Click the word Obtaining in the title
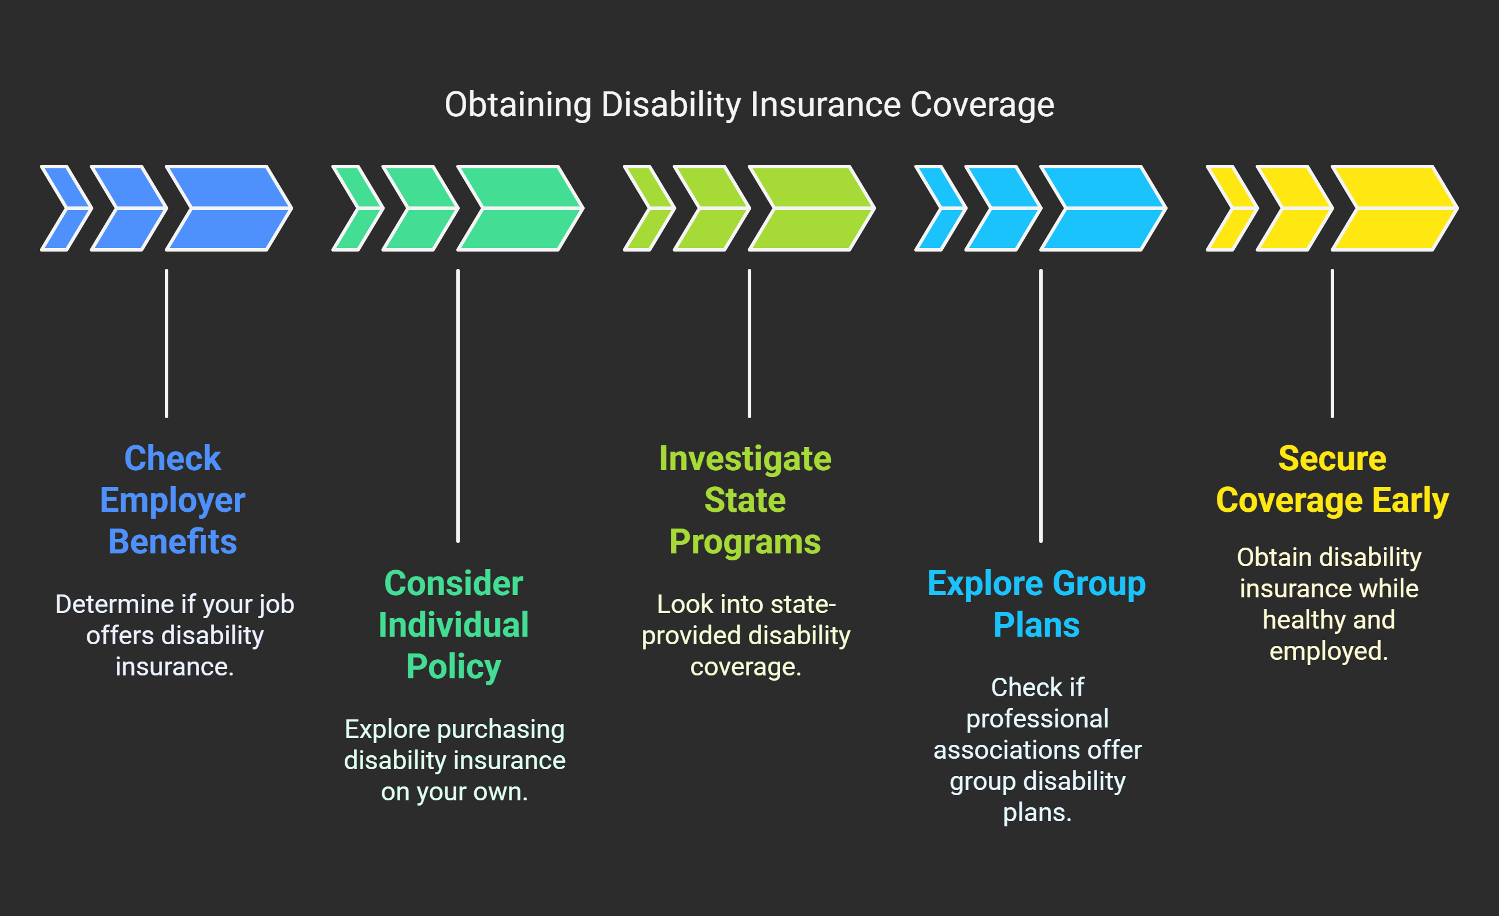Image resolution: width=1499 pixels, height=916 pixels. tap(518, 105)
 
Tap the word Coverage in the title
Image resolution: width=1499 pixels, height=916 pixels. tap(982, 105)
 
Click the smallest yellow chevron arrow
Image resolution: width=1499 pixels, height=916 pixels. tap(1231, 208)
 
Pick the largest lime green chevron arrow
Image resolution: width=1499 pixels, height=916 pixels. tap(811, 208)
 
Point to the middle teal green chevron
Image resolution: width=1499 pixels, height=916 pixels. tap(420, 208)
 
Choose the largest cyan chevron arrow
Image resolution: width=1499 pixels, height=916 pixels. tap(1103, 208)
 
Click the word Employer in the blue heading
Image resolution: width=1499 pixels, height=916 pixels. tap(172, 501)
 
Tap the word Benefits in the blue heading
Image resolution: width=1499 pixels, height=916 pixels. tap(172, 542)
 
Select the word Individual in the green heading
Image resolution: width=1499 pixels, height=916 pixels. tap(453, 625)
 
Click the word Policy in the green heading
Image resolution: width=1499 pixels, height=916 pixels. tap(453, 667)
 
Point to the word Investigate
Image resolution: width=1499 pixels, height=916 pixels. tap(745, 459)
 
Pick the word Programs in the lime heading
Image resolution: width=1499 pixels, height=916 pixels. tap(745, 542)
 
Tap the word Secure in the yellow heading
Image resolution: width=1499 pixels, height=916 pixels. tap(1332, 459)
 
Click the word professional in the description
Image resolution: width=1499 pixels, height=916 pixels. tap(1038, 719)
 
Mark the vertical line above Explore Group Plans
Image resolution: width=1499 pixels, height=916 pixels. tap(1041, 405)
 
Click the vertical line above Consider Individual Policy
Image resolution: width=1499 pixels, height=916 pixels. tap(458, 405)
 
